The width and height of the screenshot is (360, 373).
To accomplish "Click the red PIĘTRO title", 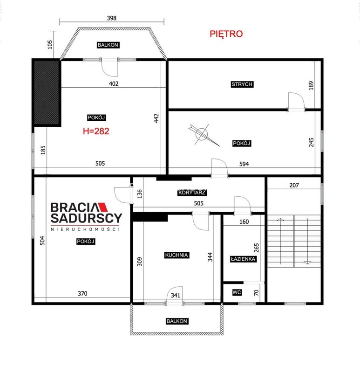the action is [x=226, y=34].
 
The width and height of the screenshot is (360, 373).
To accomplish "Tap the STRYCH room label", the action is [x=242, y=84].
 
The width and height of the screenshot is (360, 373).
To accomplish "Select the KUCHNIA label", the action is [x=177, y=255].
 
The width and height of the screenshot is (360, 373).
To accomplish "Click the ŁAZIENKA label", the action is [x=243, y=259].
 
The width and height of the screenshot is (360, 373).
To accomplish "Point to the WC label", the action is [x=237, y=292].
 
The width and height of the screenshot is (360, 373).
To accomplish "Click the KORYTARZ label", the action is [x=192, y=193].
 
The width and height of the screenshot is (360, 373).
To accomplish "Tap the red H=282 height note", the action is [x=96, y=131].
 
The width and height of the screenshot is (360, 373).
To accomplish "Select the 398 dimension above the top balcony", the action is [x=112, y=18].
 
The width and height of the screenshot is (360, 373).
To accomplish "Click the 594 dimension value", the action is [x=244, y=164].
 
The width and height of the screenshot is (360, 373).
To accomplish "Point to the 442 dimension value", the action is [x=156, y=118].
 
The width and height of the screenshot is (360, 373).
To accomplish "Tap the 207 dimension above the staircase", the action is [x=294, y=185].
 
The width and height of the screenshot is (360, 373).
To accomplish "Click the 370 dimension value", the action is [x=82, y=294].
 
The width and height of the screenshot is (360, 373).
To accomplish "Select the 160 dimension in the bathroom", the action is [x=244, y=222].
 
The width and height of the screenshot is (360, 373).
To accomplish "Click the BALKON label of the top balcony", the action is [x=108, y=45].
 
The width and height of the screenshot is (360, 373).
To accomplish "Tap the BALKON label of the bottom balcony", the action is [x=177, y=321].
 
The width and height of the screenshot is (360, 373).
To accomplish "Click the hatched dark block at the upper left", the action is [x=47, y=93].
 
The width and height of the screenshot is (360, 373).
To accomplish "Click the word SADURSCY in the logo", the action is [x=87, y=218].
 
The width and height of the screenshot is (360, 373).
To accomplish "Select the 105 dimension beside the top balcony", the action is [x=50, y=44].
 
